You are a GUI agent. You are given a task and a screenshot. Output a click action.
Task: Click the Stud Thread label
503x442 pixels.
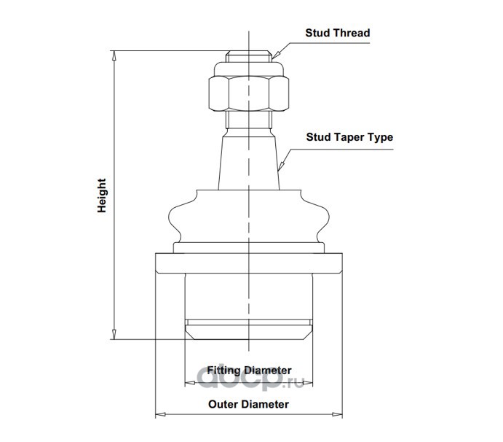click(338, 33)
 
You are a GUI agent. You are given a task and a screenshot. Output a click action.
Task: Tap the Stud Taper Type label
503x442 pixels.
click(349, 137)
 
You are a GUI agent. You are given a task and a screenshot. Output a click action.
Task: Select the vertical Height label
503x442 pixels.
click(103, 195)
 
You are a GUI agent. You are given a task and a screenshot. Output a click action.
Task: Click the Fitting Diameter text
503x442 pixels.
click(250, 370)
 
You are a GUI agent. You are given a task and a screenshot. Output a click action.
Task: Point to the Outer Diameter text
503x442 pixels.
click(249, 403)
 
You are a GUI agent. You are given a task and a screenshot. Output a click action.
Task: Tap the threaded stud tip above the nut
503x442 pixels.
click(249, 56)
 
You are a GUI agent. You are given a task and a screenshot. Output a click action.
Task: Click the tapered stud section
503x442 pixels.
click(249, 160)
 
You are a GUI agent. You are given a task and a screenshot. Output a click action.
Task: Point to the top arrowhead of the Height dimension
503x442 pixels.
click(114, 55)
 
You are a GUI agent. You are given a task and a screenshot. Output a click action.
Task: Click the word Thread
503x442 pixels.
click(352, 33)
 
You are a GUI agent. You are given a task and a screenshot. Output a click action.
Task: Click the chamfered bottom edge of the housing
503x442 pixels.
click(249, 333)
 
